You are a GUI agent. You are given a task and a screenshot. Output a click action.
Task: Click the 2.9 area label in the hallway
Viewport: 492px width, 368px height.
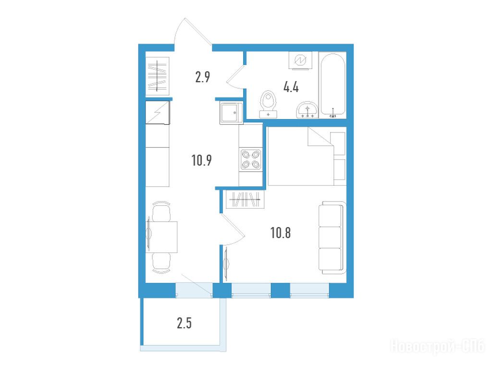(203, 77)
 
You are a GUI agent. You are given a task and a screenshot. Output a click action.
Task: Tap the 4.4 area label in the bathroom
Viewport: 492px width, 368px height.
(291, 87)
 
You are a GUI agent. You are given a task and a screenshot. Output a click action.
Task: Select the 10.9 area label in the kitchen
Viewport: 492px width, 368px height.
(201, 160)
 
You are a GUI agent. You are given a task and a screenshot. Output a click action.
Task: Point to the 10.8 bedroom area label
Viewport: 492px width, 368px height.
(281, 233)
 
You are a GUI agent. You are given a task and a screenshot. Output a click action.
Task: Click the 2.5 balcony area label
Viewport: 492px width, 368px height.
(184, 323)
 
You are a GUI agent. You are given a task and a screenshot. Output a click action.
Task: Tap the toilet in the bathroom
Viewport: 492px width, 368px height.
(268, 105)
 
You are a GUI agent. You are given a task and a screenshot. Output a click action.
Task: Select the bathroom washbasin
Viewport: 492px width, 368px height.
(307, 110)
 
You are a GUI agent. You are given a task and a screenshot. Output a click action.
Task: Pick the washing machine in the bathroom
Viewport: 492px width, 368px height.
(301, 60)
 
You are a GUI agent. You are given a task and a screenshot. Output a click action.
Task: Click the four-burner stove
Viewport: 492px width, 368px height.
(251, 160)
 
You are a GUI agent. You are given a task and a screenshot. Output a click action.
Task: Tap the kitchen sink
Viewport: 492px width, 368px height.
(231, 113)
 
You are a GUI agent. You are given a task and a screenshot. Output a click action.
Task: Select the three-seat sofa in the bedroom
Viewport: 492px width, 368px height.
(332, 237)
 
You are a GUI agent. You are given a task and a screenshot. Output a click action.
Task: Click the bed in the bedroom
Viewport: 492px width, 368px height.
(307, 156)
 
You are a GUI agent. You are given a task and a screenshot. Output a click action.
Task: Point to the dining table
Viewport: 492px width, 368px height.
(162, 237)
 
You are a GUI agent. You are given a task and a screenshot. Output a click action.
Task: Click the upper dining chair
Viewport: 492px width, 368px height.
(161, 211)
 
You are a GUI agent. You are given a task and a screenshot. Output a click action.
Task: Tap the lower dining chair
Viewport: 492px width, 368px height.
(161, 262)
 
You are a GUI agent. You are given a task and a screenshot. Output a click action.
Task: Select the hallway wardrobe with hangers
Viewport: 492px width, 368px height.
(158, 76)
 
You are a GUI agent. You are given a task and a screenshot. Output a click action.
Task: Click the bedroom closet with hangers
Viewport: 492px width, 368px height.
(245, 199)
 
